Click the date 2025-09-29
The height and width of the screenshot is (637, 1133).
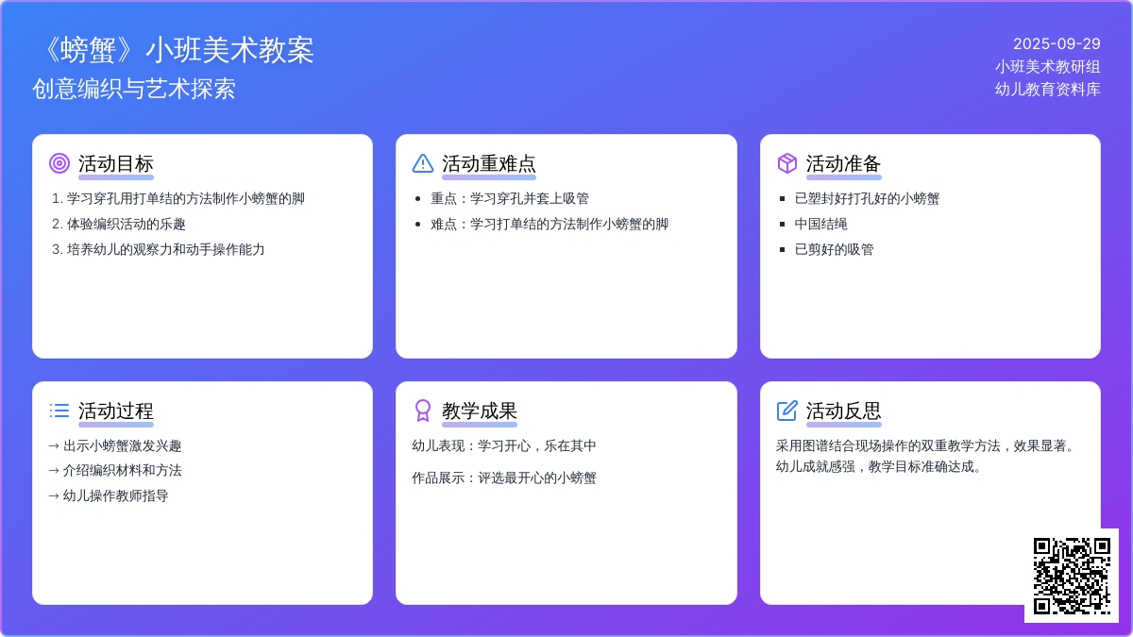tap(1057, 44)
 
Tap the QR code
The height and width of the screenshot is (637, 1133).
tap(1072, 576)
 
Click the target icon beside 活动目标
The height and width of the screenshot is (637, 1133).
tap(59, 163)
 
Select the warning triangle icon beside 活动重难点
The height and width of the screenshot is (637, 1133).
tap(423, 163)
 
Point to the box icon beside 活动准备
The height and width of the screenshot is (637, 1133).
tap(787, 163)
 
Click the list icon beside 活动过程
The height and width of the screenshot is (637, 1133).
tap(59, 411)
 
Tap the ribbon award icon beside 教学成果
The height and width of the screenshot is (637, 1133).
tap(423, 411)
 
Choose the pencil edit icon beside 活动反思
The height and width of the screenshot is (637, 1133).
tap(787, 411)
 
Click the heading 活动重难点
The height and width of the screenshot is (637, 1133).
tap(489, 164)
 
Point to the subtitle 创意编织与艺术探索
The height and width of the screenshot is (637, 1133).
tap(134, 89)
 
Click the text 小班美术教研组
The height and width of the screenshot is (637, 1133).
tap(1047, 67)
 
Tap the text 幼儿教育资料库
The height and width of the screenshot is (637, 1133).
tap(1047, 90)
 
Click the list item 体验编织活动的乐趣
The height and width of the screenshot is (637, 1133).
tap(126, 224)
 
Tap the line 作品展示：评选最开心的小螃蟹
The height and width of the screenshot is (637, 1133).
tap(504, 478)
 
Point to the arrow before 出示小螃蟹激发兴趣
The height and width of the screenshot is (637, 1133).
tap(54, 445)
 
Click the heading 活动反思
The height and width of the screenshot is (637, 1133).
tap(844, 411)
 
